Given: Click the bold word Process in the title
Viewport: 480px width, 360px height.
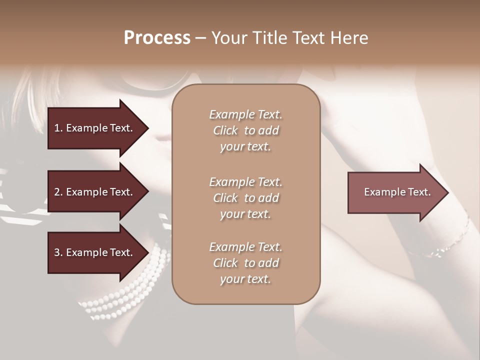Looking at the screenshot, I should coord(157,38).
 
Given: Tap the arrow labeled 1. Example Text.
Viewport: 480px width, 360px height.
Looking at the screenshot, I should coord(95,128).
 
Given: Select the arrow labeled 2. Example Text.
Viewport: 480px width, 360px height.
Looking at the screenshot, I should coord(95,192).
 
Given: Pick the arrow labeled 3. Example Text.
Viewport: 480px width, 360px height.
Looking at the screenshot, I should coord(95,252).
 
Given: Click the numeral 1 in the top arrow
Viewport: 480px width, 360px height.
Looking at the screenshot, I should coord(56,128).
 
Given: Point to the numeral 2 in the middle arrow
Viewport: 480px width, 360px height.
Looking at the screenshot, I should coord(56,192).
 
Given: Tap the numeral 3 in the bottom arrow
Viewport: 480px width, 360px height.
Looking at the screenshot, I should coord(56,252).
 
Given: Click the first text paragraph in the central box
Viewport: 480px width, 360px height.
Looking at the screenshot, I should coord(245,130).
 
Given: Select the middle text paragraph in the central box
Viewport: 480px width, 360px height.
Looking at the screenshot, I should coord(245,197).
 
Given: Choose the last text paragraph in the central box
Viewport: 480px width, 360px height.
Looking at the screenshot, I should coord(245,263).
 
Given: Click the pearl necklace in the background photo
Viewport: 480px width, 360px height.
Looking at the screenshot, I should coord(125,295).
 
